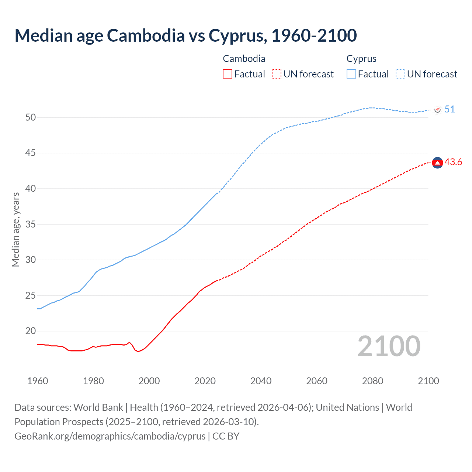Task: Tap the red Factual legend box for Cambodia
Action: pyautogui.click(x=228, y=74)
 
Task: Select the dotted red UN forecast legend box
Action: pyautogui.click(x=277, y=74)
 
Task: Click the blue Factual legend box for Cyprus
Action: pyautogui.click(x=351, y=74)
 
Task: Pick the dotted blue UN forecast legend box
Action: pyautogui.click(x=400, y=74)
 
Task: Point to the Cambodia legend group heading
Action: pyautogui.click(x=244, y=59)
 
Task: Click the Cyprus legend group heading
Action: pyautogui.click(x=361, y=59)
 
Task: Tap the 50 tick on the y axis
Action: pyautogui.click(x=31, y=117)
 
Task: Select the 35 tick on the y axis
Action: pyautogui.click(x=31, y=224)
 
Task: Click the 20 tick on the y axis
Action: pyautogui.click(x=31, y=331)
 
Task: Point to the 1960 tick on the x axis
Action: pyautogui.click(x=38, y=381)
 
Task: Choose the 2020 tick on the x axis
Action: pyautogui.click(x=205, y=381)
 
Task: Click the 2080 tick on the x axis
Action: pyautogui.click(x=372, y=381)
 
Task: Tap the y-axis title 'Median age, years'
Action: pyautogui.click(x=15, y=229)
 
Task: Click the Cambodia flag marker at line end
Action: pyautogui.click(x=437, y=163)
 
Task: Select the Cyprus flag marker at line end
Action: pyautogui.click(x=437, y=110)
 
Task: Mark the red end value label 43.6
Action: pyautogui.click(x=453, y=162)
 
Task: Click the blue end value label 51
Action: pyautogui.click(x=450, y=110)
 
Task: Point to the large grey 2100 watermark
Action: pyautogui.click(x=389, y=346)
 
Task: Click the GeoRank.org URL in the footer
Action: pyautogui.click(x=110, y=436)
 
